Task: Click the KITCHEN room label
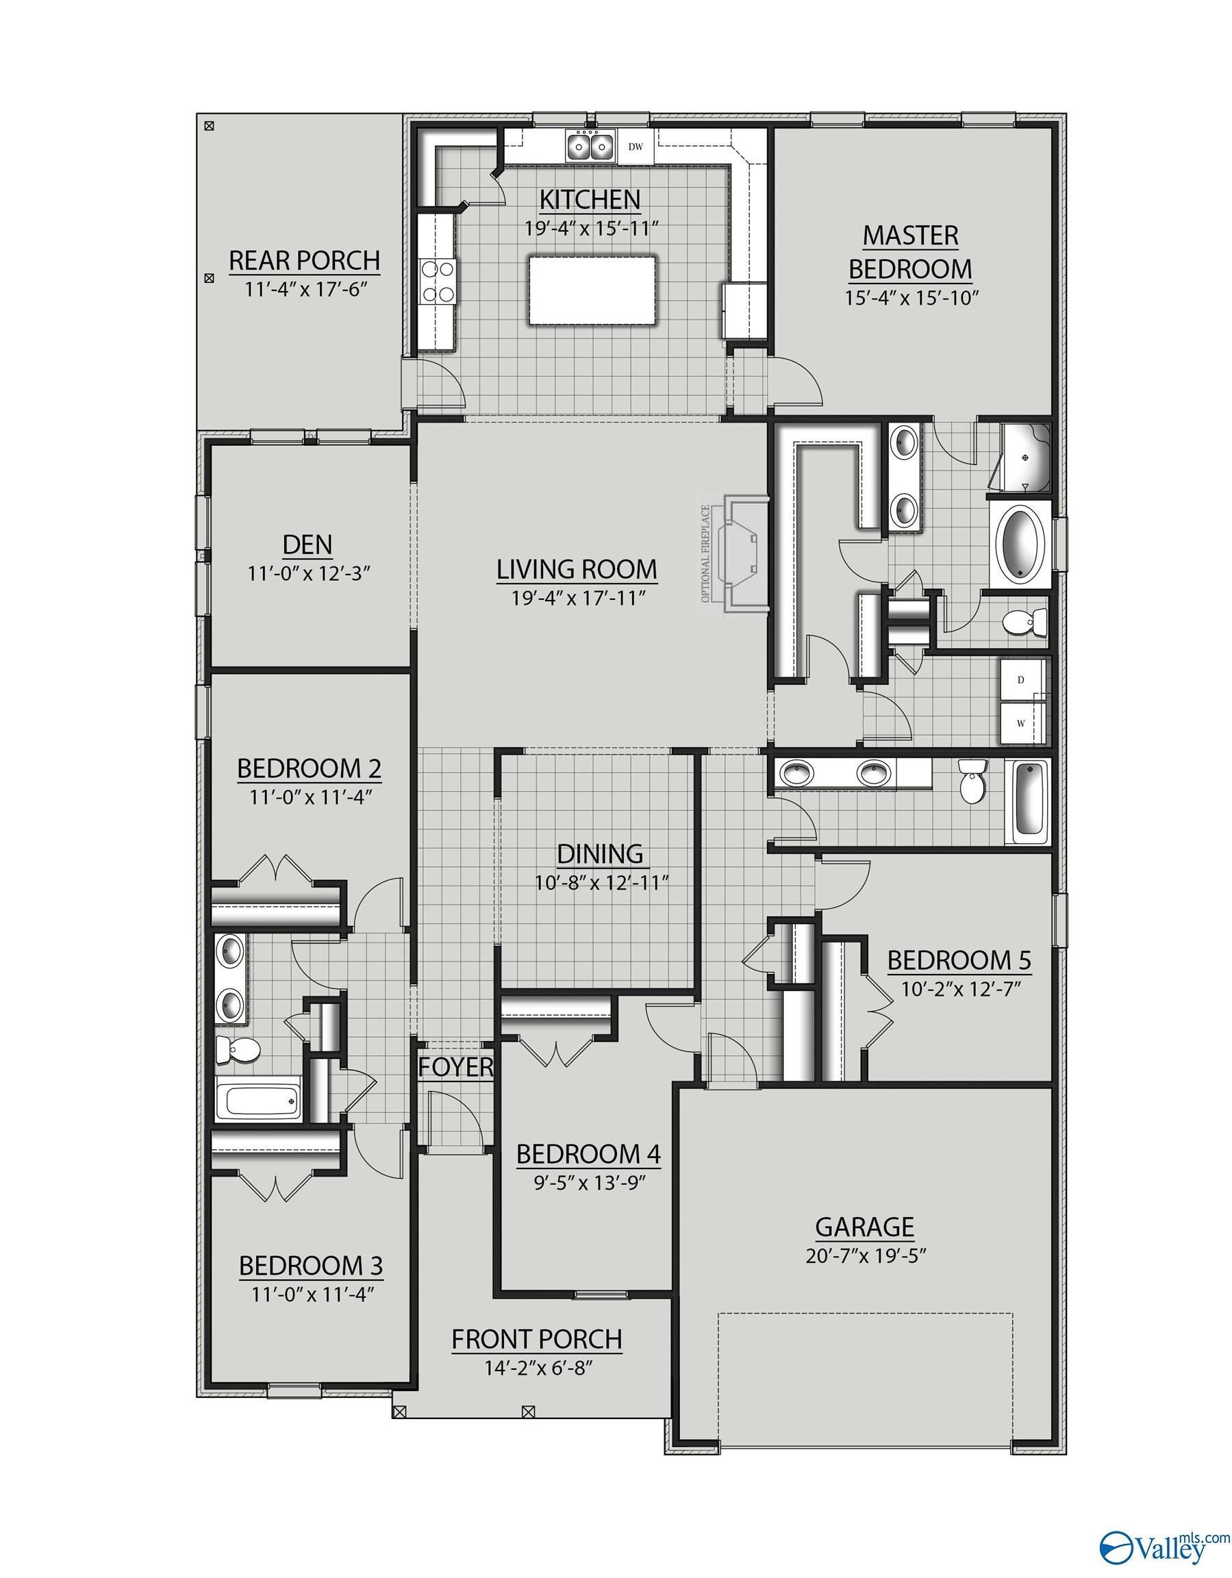590,199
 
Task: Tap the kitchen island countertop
592,290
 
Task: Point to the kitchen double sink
590,147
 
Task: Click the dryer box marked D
1021,680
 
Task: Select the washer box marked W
1021,723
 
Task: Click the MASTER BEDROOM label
909,252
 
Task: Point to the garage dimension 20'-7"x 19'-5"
866,1255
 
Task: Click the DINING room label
600,853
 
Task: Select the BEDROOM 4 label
588,1154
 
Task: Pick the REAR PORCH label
304,260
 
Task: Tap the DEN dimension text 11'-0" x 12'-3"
309,574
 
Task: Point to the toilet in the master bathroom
1026,622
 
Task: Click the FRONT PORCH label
537,1339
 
